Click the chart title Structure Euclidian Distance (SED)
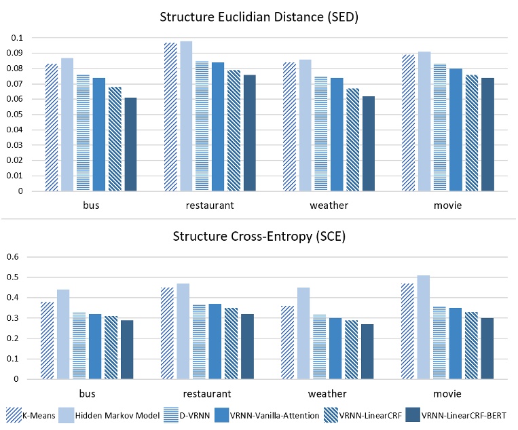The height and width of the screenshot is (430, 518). (259, 17)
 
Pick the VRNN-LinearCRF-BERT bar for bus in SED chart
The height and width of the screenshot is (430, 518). (130, 144)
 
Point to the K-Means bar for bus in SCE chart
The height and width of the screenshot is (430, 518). (47, 340)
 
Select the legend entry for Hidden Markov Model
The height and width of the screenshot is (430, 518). (112, 415)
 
